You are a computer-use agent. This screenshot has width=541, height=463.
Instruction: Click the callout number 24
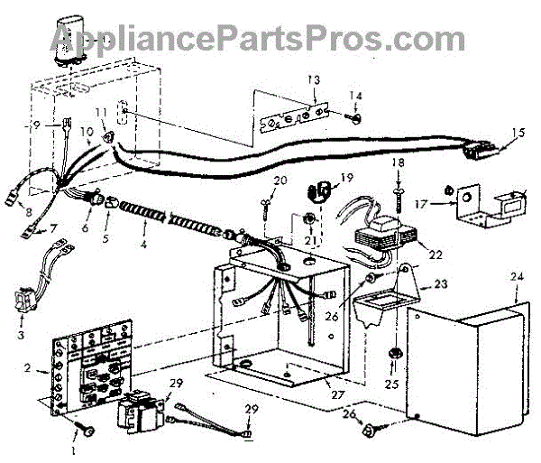click(515, 277)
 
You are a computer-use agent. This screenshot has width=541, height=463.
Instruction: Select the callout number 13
click(313, 80)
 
